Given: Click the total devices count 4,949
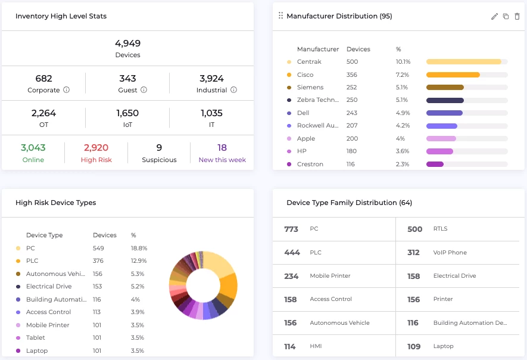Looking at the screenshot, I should tap(127, 44).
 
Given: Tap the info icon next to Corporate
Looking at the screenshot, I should tap(66, 90).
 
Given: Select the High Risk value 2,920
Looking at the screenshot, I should tap(96, 148).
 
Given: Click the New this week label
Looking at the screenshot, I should tap(222, 160).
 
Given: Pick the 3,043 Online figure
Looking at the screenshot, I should tap(33, 148).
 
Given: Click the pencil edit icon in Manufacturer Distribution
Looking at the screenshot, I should tap(494, 17).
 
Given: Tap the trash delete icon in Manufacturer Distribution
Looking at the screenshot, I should tap(517, 17).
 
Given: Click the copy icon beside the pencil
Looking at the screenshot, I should tap(506, 17).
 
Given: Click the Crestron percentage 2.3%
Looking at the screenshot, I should tap(403, 164).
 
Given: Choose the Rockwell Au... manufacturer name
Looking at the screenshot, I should tap(318, 126).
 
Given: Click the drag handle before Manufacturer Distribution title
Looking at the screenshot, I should tap(281, 16).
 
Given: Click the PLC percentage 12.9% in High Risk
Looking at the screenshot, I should tap(139, 260).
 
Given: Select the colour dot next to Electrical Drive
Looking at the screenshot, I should tap(18, 286).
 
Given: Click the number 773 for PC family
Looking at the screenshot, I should tap(291, 229).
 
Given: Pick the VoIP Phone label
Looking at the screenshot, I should tap(450, 253).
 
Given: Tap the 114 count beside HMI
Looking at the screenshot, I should tap(290, 346).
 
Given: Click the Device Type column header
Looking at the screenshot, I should tap(45, 235).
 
